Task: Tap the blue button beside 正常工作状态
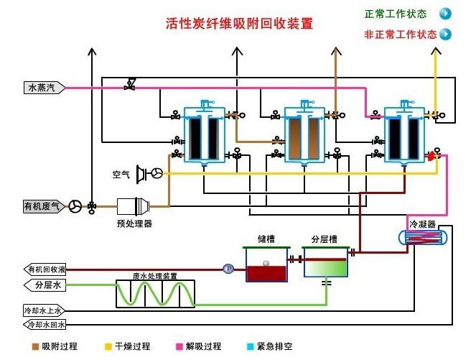tap(445, 14)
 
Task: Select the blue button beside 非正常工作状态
tap(445, 34)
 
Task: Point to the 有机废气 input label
tap(45, 206)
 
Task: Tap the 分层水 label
tap(45, 285)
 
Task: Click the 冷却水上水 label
tap(45, 310)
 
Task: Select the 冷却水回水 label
tap(45, 326)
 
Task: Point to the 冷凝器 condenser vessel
tap(424, 238)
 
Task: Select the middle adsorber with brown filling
tap(305, 137)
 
